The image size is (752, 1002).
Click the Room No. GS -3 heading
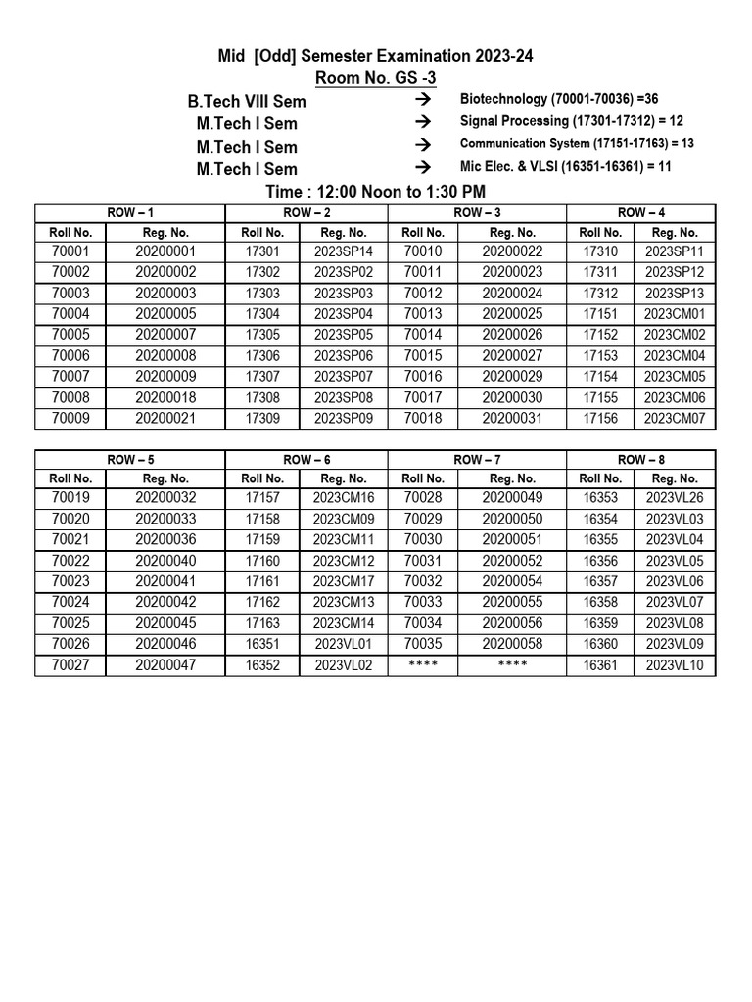pos(376,78)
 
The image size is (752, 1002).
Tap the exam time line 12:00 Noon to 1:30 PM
pos(376,192)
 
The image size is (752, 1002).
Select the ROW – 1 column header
pos(130,212)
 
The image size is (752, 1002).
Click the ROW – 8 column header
pos(641,212)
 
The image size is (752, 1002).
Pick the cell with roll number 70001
pos(70,252)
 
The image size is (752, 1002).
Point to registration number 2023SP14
pos(344,252)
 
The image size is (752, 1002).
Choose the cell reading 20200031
pos(511,419)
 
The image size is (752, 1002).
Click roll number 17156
pos(600,419)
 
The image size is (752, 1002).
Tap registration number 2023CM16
pos(344,499)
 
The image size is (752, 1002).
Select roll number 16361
pos(600,665)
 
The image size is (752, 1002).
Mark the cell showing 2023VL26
pos(675,499)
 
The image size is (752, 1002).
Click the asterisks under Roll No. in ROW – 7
pos(423,665)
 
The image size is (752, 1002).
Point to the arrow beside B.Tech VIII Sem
pos(423,101)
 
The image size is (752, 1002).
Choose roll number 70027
pos(70,665)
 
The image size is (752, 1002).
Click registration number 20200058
pos(511,645)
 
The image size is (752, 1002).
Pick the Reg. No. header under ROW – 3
pos(511,233)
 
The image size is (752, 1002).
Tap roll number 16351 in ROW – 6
pos(262,645)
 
